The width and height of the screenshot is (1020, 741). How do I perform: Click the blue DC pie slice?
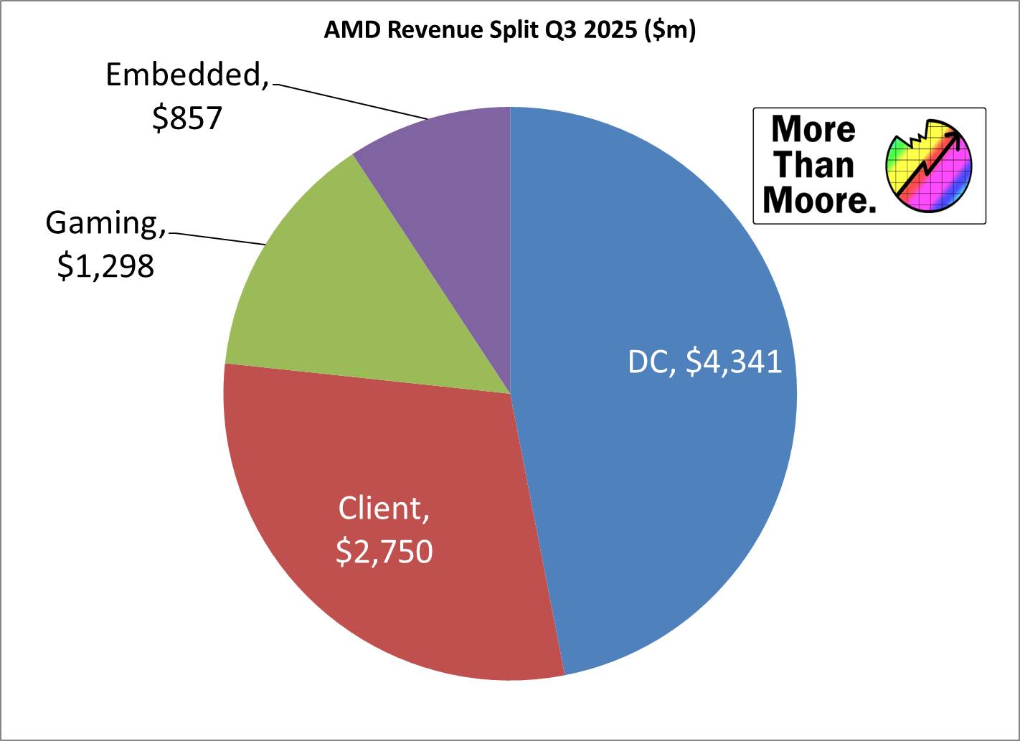point(646,466)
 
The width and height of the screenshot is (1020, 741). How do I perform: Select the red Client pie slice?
point(402,588)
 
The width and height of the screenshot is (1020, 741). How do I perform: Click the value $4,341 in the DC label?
point(734,362)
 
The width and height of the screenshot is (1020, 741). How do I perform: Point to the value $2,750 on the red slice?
point(384,552)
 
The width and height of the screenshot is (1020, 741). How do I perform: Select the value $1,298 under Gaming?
point(106,266)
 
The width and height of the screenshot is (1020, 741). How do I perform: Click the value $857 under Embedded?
point(187,118)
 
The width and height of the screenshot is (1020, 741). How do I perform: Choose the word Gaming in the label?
point(102,223)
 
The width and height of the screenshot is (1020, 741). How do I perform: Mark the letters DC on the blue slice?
point(648,362)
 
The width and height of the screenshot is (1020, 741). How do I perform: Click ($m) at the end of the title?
point(670,30)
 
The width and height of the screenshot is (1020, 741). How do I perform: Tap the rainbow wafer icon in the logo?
point(929,166)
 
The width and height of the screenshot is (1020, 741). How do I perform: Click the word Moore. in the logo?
point(819,200)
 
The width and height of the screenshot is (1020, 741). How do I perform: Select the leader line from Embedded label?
point(349,101)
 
